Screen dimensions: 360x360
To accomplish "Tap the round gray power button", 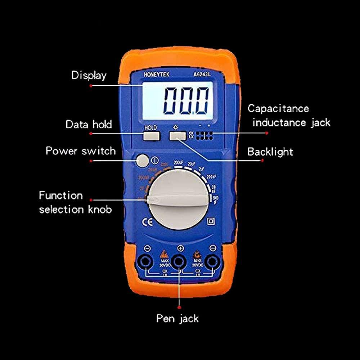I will point(143,161).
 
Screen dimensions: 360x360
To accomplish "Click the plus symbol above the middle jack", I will point(180,248).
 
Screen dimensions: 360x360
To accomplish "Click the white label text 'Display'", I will point(89,75).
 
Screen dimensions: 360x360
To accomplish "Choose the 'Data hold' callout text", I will point(89,125).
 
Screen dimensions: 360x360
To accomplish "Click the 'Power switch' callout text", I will point(81,150).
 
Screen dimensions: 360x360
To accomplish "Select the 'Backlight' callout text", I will point(270,152).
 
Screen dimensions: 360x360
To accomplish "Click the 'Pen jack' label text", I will point(177,318).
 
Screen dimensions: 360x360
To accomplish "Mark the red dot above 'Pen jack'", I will point(179,307).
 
